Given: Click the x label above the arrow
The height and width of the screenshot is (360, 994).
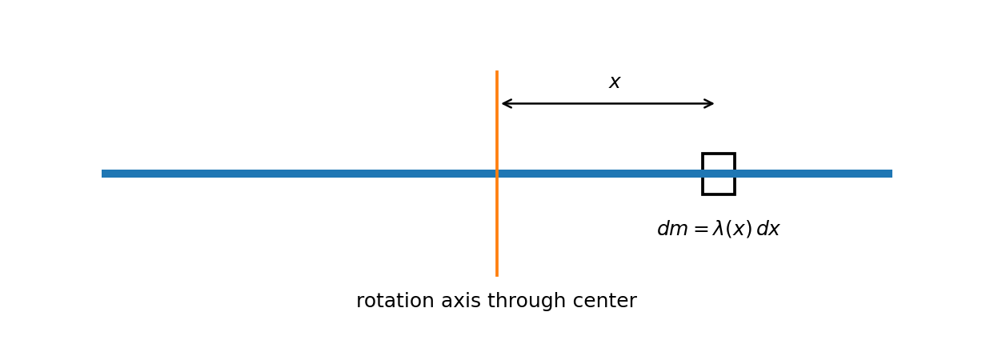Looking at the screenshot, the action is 615,82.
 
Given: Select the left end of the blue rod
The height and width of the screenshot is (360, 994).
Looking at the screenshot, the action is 102,174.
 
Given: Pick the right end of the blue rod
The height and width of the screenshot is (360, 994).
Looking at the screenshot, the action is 892,174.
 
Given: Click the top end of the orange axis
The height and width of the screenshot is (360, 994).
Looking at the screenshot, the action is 497,71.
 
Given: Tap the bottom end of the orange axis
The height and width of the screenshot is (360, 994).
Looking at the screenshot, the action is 497,276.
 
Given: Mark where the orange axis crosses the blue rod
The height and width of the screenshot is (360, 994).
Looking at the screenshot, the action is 497,174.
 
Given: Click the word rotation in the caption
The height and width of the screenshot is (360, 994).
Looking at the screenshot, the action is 393,301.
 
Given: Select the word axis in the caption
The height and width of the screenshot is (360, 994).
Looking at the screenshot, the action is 461,301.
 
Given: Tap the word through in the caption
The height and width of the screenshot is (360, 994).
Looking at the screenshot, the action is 527,301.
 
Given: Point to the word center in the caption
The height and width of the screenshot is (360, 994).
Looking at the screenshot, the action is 604,301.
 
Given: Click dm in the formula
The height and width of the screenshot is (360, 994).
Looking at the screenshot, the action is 673,229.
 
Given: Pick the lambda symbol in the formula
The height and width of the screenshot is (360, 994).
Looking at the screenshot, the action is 719,229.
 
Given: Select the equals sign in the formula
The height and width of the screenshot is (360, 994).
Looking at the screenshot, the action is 700,230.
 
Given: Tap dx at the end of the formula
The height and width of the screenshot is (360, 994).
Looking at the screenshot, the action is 768,229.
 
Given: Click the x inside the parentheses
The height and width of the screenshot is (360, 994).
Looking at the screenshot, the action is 739,230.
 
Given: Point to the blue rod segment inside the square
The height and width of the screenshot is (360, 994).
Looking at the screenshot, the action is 719,174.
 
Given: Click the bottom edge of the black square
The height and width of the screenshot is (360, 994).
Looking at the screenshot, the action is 719,194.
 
